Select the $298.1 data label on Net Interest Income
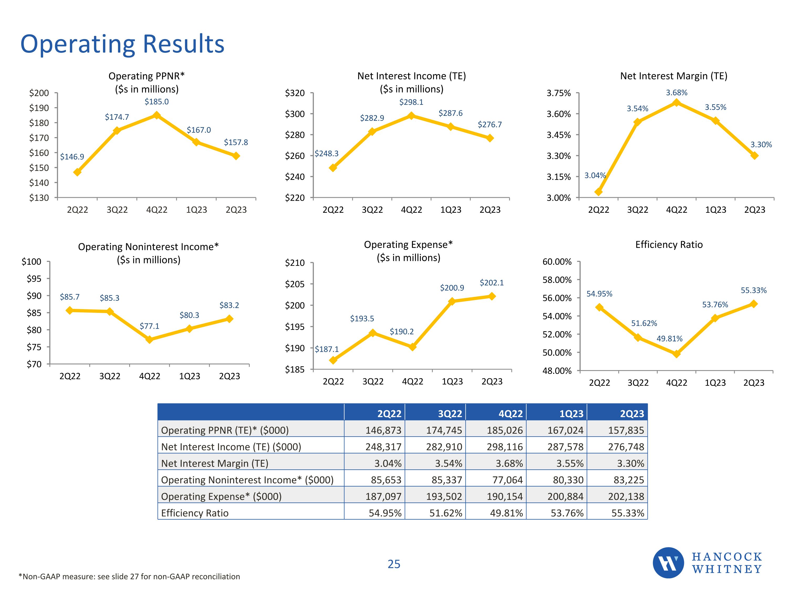pyautogui.click(x=411, y=102)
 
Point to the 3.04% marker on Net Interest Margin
pyautogui.click(x=598, y=192)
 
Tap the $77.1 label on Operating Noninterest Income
pyautogui.click(x=149, y=326)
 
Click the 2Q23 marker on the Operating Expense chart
pyautogui.click(x=492, y=296)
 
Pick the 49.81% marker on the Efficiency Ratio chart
pyautogui.click(x=676, y=354)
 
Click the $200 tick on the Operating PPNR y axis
pyautogui.click(x=39, y=93)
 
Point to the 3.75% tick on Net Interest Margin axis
pyautogui.click(x=559, y=93)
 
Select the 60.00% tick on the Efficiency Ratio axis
pyautogui.click(x=557, y=262)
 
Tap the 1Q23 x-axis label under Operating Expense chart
pyautogui.click(x=452, y=382)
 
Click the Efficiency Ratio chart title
pyautogui.click(x=669, y=245)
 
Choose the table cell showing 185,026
pyautogui.click(x=505, y=430)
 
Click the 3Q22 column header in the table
pyautogui.click(x=450, y=414)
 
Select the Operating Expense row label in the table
pyautogui.click(x=221, y=497)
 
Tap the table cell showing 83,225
pyautogui.click(x=628, y=480)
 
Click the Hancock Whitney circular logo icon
pyautogui.click(x=668, y=563)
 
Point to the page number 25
pyautogui.click(x=394, y=564)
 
